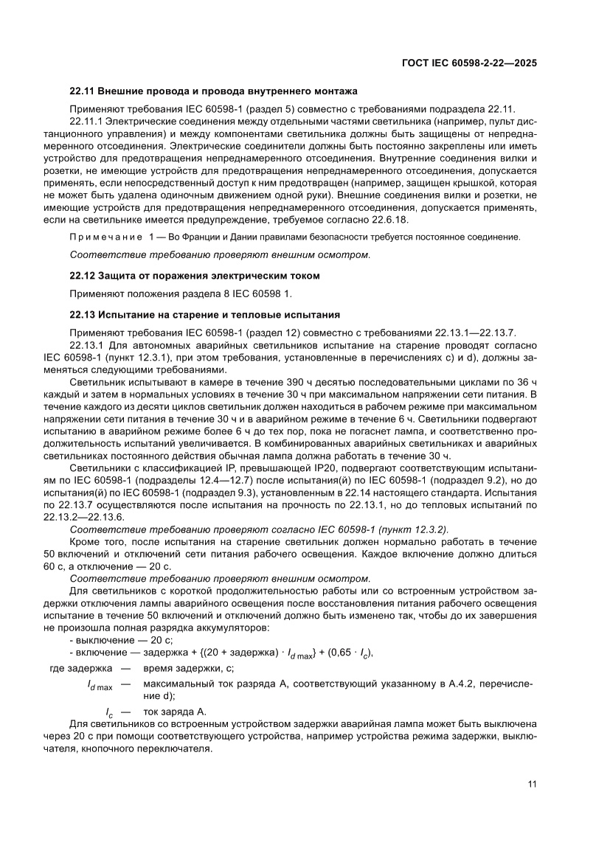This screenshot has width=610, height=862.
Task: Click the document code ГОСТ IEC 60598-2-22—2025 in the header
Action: [468, 63]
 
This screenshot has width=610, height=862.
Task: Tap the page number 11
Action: [532, 783]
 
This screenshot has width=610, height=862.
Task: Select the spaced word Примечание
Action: [105, 237]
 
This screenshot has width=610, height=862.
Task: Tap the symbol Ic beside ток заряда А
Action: [108, 712]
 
